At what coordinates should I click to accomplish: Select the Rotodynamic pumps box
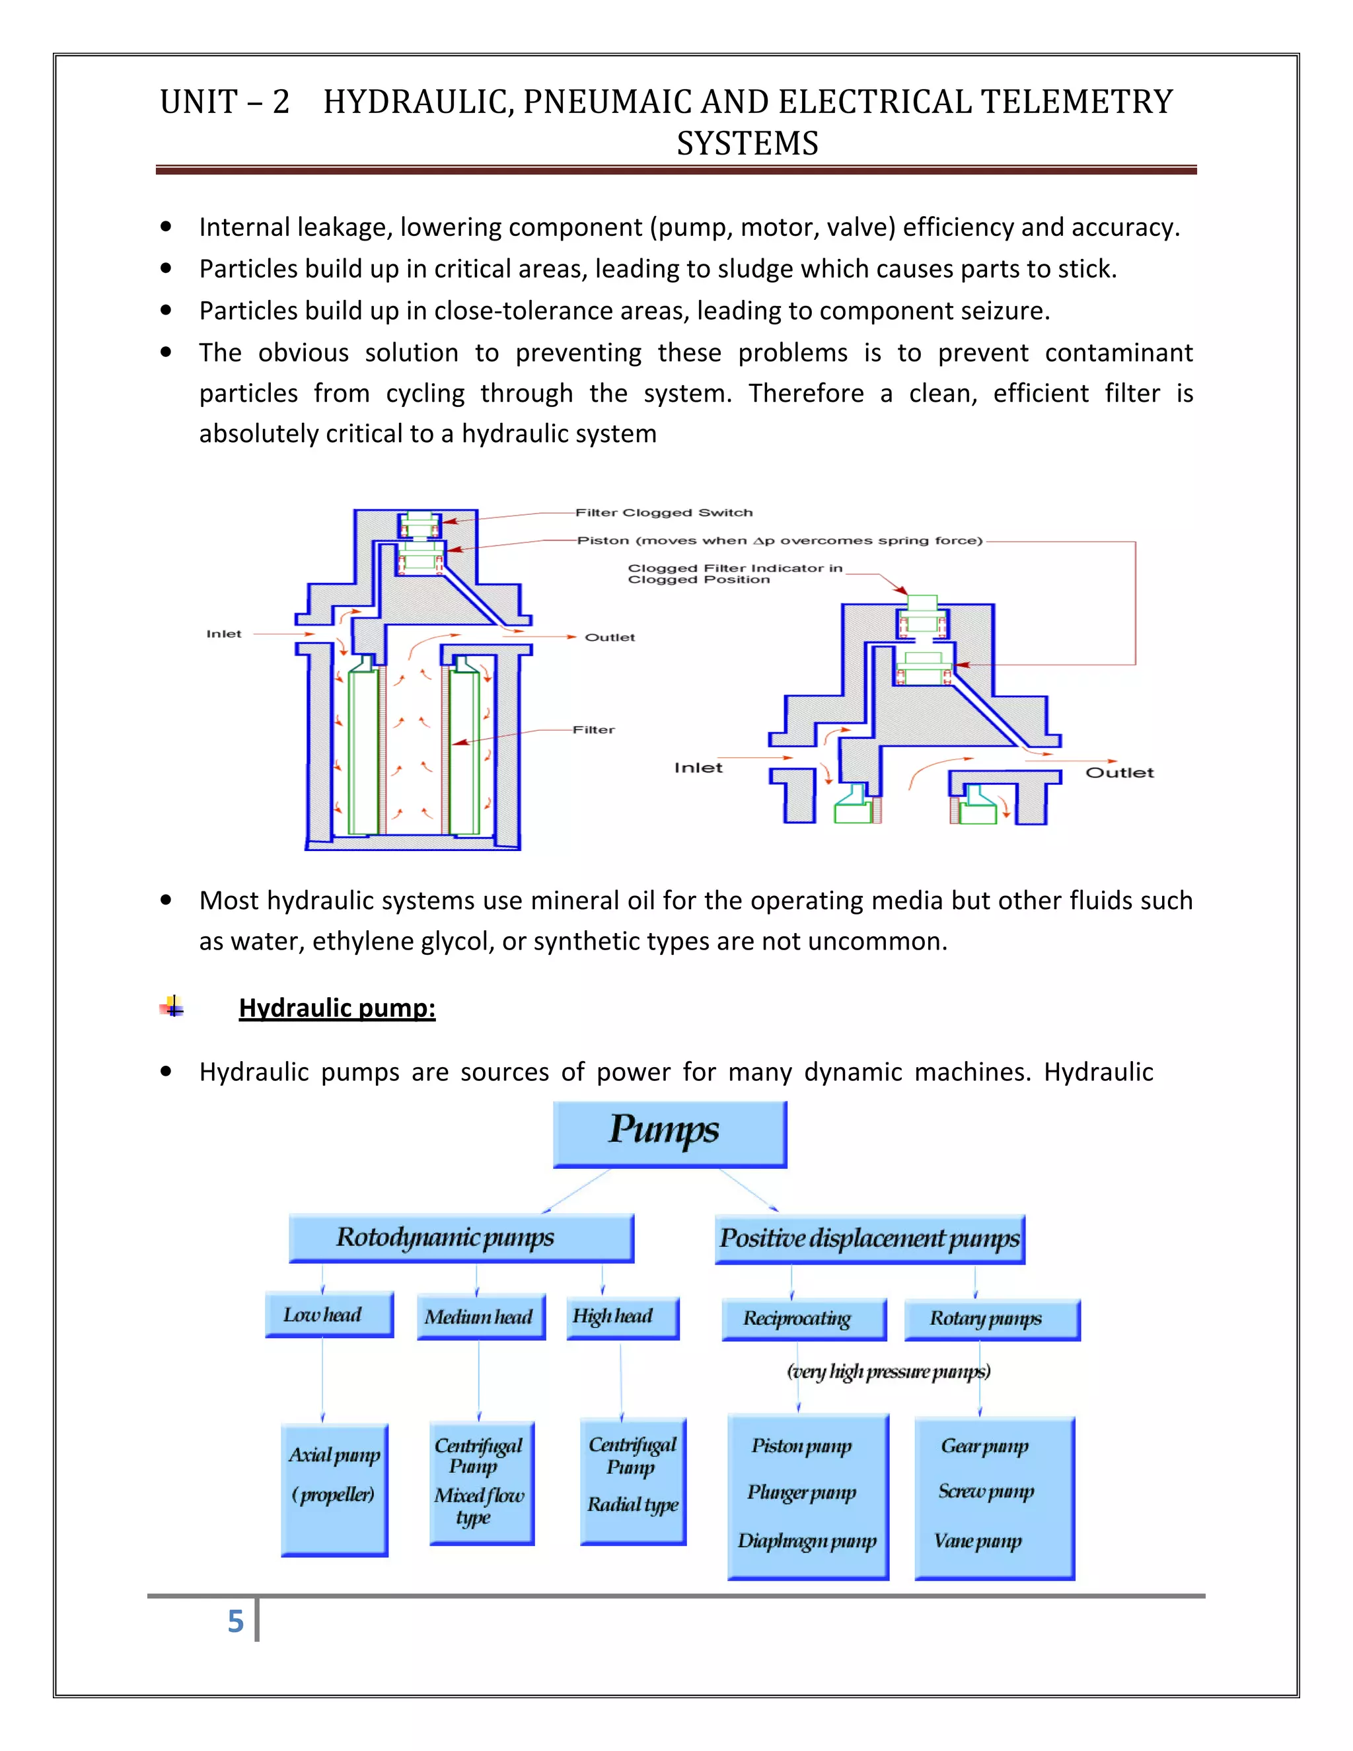461,1238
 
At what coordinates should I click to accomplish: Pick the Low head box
328,1315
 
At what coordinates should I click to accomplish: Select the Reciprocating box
803,1319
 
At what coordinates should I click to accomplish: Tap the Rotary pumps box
992,1319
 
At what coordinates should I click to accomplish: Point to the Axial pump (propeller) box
334,1489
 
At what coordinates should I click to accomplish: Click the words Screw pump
986,1491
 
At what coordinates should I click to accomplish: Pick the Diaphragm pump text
807,1541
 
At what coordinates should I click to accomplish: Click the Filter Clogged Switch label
664,512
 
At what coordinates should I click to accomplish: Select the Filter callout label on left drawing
593,729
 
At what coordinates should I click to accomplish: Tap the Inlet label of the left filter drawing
224,634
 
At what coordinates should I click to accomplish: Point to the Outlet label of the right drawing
1119,773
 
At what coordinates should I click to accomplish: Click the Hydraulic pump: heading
337,1008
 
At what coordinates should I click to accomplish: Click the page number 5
235,1621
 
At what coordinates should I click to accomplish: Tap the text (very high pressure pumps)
888,1372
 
